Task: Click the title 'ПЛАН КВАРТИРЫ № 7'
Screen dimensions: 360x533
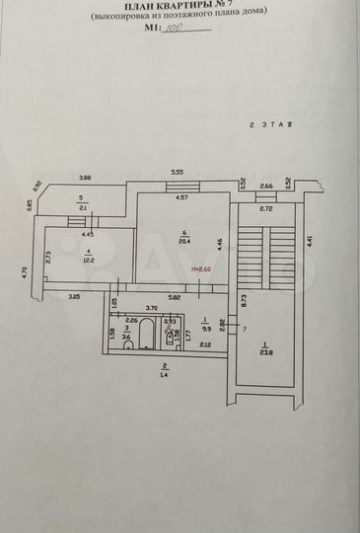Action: [179, 8]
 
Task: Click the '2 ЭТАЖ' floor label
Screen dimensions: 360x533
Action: [271, 125]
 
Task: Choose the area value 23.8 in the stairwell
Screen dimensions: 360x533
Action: [264, 350]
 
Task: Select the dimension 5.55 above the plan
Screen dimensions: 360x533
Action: [178, 172]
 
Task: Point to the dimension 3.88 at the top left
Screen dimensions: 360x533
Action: [85, 178]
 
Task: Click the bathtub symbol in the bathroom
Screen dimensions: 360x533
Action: [145, 339]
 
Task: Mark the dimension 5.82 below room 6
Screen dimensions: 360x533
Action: [174, 298]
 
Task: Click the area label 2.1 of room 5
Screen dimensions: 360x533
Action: [83, 207]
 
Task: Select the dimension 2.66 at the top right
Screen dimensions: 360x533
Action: [266, 185]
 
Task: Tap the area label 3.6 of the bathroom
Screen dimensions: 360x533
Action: [126, 338]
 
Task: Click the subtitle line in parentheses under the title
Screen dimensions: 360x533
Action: [179, 19]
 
